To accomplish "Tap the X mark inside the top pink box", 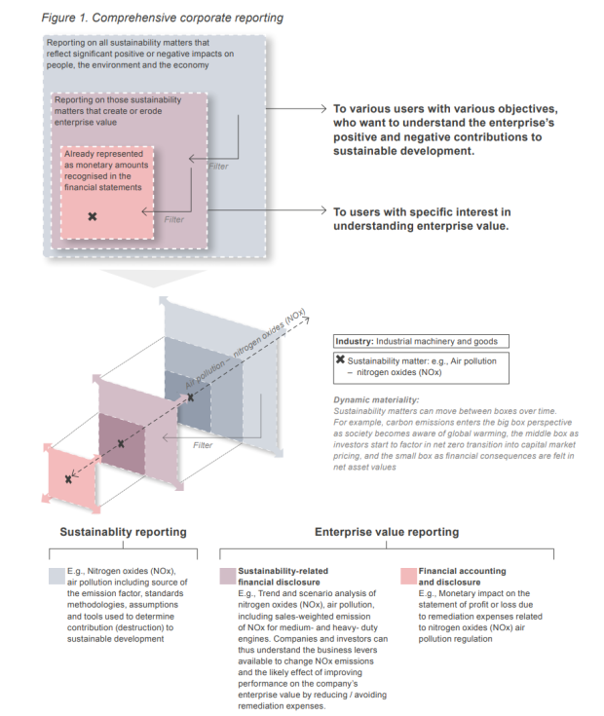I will pos(93,215).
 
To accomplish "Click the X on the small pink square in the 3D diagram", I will pos(68,478).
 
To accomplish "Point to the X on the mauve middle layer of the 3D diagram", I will pos(121,443).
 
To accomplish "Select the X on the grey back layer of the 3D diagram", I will pos(191,396).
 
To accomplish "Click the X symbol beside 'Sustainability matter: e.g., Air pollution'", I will pos(339,360).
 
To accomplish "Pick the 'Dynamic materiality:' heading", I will pos(378,400).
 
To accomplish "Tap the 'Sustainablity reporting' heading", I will pos(123,532).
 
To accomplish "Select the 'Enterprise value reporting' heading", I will pos(387,532).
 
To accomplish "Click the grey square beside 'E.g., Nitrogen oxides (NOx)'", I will pos(56,572).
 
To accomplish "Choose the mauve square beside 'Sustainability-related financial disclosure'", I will pos(228,572).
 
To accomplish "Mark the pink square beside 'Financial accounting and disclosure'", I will pos(409,572).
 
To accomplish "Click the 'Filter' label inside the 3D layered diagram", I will pos(203,444).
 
